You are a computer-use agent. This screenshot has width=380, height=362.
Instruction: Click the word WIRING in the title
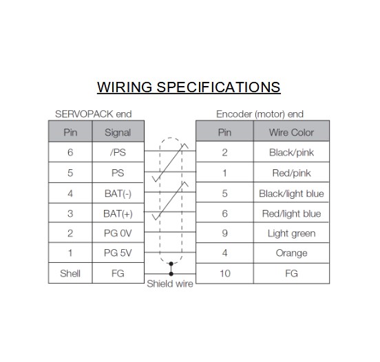[x=125, y=87]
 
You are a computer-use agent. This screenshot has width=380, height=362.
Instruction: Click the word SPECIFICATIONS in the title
[x=218, y=87]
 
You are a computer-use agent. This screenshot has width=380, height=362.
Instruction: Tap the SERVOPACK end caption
[x=94, y=114]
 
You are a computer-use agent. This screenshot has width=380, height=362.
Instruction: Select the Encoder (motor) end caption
[x=260, y=114]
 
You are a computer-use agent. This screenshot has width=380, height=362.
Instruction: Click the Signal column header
[x=118, y=133]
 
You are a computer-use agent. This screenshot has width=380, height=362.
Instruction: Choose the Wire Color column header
[x=291, y=133]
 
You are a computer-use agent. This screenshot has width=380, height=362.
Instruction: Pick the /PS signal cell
[x=118, y=152]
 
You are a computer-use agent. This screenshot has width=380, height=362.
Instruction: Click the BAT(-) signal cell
[x=118, y=193]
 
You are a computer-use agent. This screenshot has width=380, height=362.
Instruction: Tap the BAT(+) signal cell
[x=118, y=214]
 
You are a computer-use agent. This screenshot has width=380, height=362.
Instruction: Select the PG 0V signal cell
[x=118, y=233]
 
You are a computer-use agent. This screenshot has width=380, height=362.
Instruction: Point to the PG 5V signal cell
[x=118, y=253]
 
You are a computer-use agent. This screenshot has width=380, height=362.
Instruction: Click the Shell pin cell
[x=70, y=273]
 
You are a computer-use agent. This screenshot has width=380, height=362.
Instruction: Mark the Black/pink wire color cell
[x=292, y=153]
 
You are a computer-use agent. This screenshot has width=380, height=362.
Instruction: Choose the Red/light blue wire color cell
[x=292, y=214]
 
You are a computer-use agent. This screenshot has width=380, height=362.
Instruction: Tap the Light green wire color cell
[x=292, y=233]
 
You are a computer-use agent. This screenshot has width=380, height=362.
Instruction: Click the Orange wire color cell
[x=292, y=253]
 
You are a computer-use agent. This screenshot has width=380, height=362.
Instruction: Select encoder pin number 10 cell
[x=225, y=273]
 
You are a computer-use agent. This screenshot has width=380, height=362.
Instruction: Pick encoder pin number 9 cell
[x=224, y=233]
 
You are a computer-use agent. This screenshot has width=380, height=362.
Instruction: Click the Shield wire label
[x=170, y=284]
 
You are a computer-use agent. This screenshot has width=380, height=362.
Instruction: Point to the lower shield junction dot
[x=171, y=274]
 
